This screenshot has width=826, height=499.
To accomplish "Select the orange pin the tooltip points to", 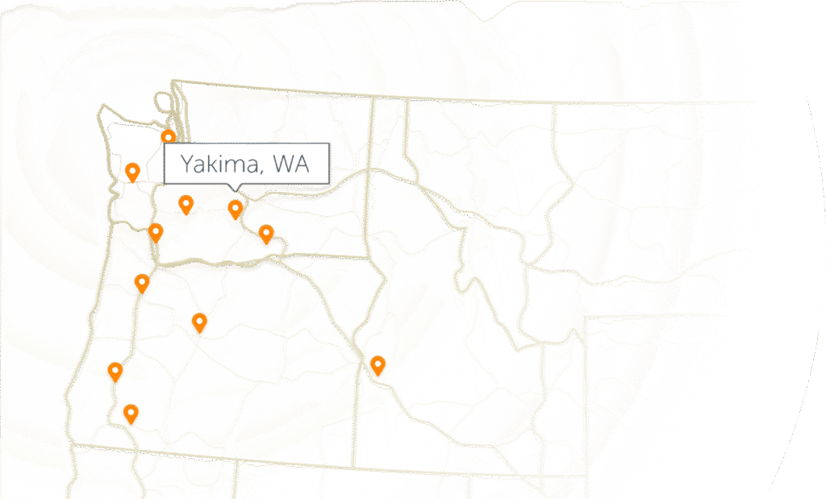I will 235,210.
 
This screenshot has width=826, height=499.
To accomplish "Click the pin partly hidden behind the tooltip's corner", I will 168,138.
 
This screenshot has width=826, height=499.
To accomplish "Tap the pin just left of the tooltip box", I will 132,171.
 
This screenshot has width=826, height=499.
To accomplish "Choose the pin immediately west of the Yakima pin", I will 186,204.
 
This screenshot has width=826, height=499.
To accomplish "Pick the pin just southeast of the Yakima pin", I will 265,234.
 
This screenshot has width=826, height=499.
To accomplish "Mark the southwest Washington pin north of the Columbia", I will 156,233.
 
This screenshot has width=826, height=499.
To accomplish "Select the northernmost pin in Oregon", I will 142,282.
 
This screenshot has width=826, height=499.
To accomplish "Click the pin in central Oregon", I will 199,322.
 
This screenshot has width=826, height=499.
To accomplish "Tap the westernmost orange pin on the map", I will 115,371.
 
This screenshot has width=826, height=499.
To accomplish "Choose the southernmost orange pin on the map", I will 130,414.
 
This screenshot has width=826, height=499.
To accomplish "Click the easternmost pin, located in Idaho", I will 377,365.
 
